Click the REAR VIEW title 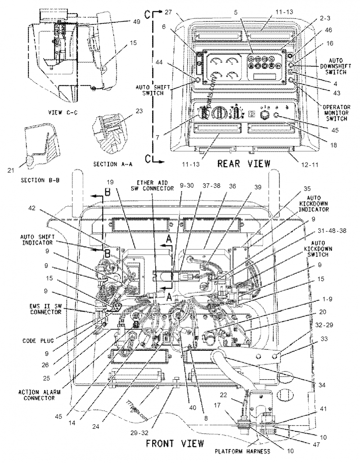(x=244, y=163)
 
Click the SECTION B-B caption (x=40, y=180)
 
